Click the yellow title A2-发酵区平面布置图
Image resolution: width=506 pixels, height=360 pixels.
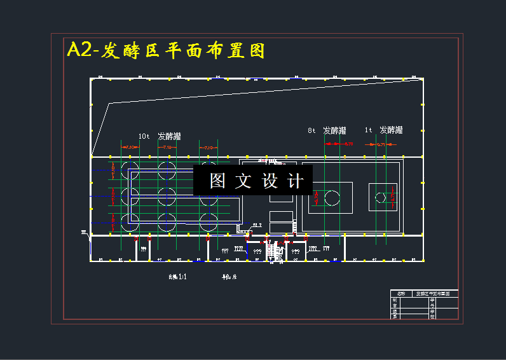point(165,51)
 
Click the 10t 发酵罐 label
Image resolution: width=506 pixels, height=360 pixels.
point(160,136)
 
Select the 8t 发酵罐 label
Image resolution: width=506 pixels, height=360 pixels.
point(327,130)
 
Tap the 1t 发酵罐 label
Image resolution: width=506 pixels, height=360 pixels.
point(383,130)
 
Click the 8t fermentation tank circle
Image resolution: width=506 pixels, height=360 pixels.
point(332,198)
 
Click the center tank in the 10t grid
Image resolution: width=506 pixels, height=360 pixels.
point(167,196)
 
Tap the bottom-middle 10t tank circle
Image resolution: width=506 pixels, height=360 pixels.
point(167,222)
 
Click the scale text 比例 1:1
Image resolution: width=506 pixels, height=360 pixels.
point(177,277)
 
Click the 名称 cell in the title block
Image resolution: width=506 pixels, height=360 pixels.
point(400,294)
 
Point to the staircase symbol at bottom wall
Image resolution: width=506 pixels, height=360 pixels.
point(276,253)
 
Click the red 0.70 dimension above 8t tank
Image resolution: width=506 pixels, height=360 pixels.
point(348,144)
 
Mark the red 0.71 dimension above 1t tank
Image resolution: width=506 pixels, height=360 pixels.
point(381,145)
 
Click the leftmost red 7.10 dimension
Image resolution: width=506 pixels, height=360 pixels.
point(130,147)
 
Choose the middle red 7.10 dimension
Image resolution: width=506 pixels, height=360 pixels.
point(168,147)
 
